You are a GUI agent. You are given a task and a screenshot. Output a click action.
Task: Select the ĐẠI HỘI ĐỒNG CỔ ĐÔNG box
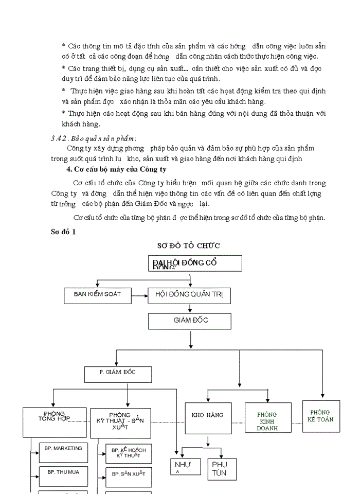coord(195,263)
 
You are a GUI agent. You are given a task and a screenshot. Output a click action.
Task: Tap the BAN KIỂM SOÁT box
coord(97,295)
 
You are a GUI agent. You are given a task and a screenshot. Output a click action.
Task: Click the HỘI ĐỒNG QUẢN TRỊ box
coord(189,295)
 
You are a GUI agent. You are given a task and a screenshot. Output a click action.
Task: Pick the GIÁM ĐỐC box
coord(190,321)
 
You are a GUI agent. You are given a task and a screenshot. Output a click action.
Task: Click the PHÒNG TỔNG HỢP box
coord(54,423)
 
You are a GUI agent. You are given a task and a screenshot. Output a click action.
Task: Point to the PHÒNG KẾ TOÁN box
coord(321,416)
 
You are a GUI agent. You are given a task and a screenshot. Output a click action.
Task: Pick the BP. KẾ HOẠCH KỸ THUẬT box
coord(128,453)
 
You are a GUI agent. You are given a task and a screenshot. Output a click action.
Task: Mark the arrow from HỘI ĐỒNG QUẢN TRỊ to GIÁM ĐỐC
coord(190,308)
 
